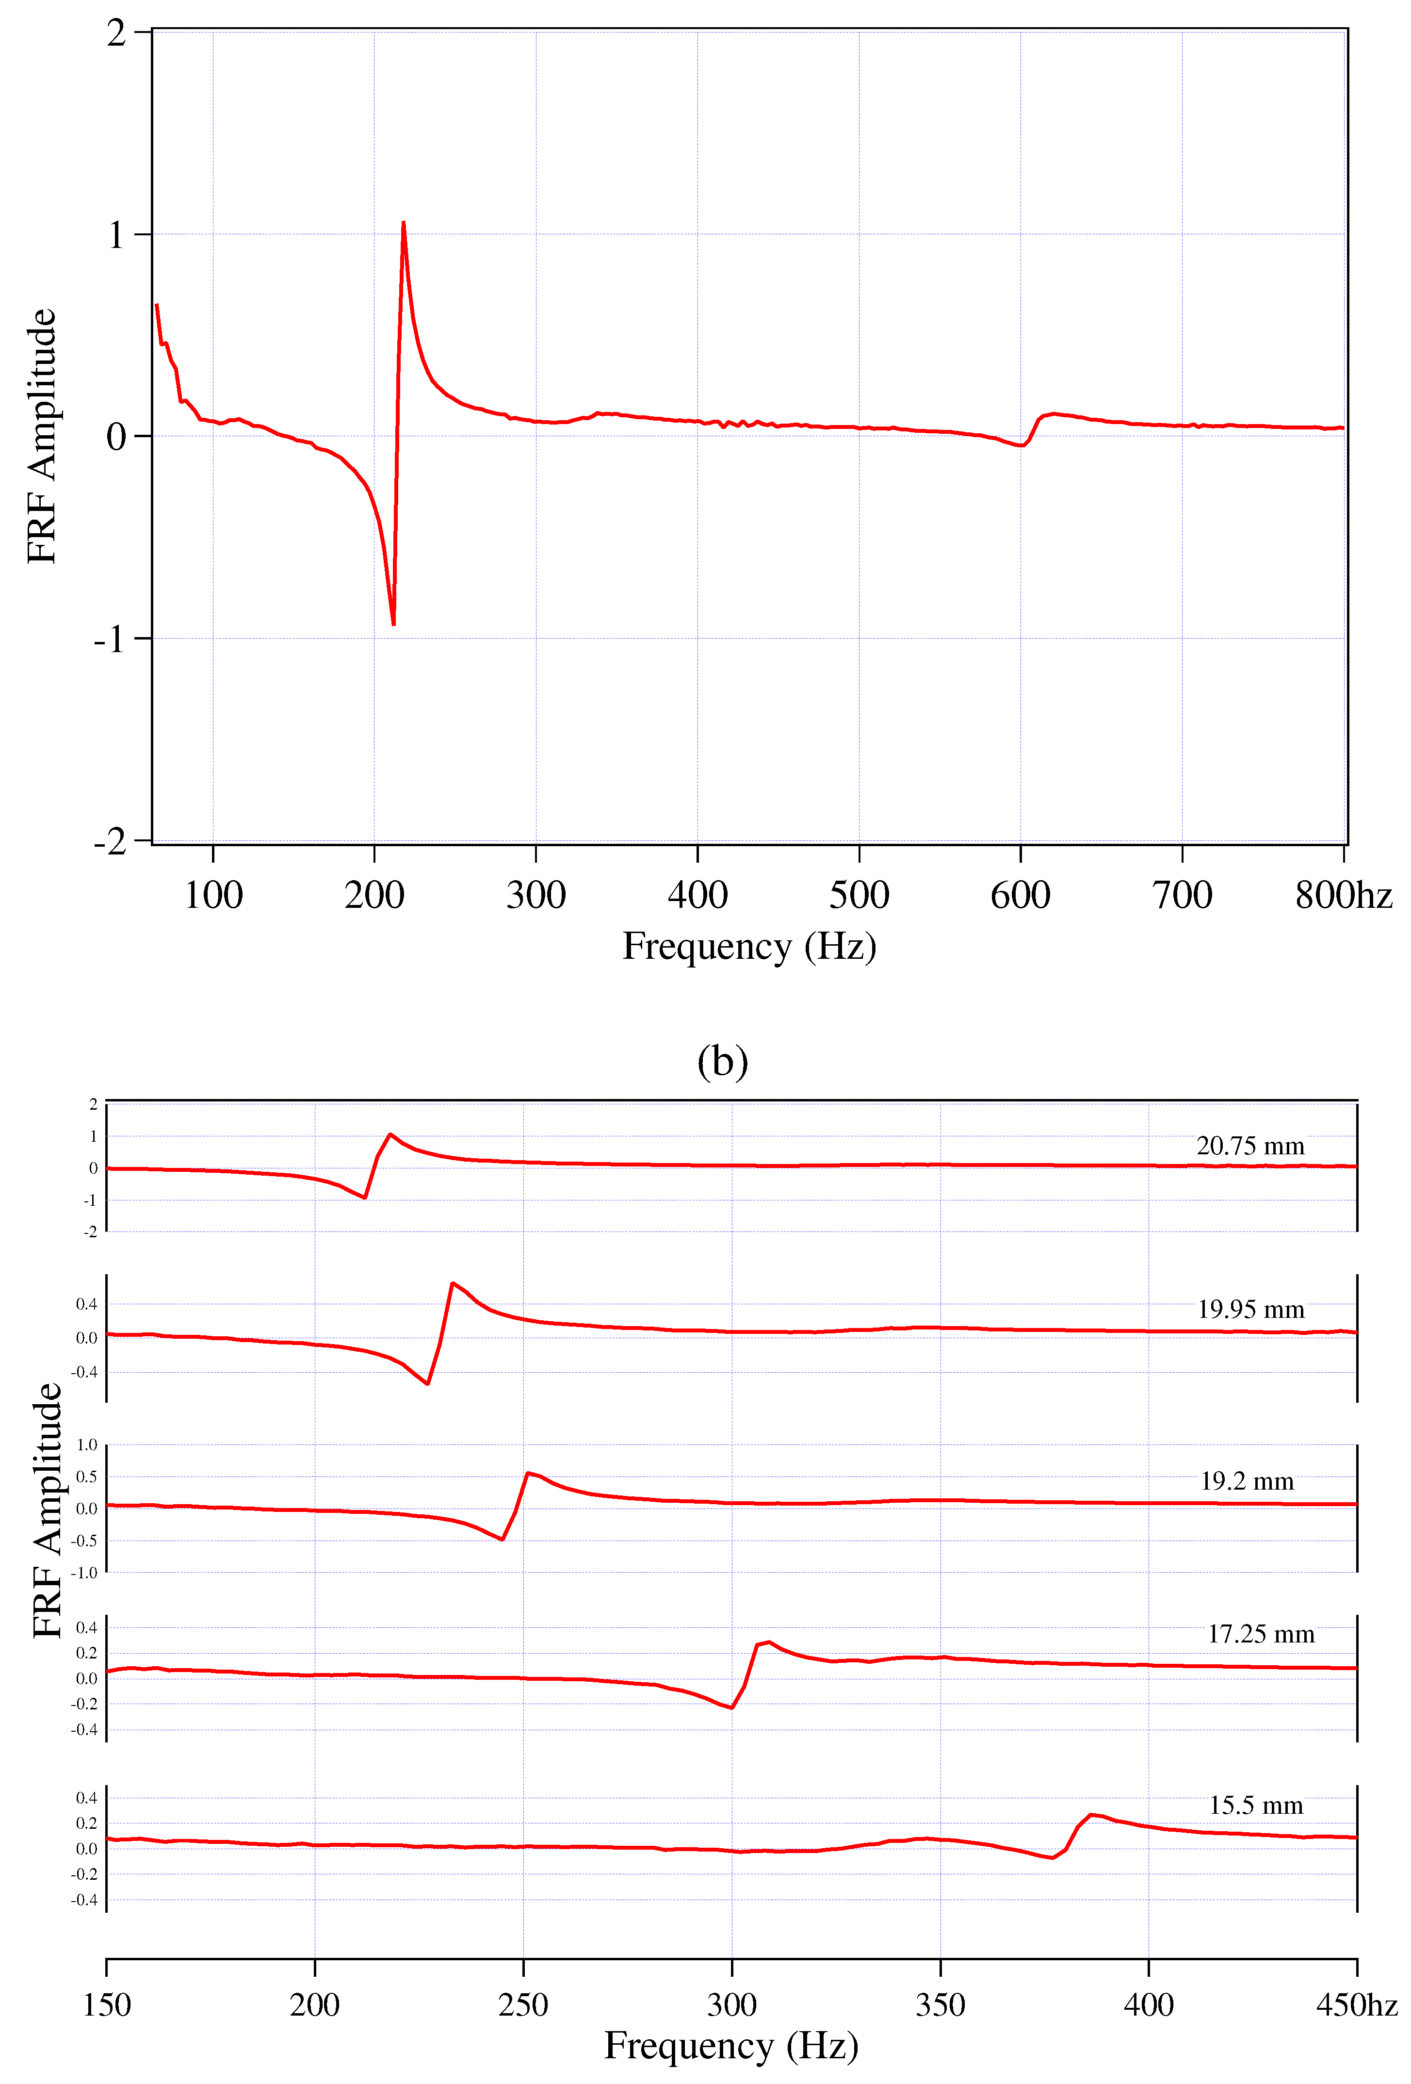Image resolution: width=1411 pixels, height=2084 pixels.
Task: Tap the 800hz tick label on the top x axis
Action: [x=1342, y=895]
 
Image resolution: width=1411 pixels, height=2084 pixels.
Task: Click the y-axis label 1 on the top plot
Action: [x=115, y=235]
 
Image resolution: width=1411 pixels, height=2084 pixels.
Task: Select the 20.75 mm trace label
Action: [x=1249, y=1146]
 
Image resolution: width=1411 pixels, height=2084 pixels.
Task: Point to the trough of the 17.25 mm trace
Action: [x=731, y=1707]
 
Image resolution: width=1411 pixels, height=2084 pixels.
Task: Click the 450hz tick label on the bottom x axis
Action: [x=1355, y=2005]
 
